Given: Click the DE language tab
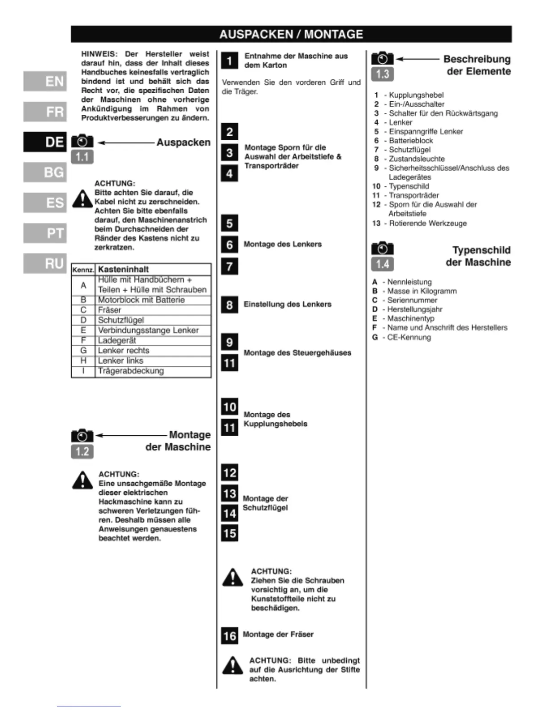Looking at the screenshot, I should (x=45, y=142).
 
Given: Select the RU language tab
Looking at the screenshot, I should (x=45, y=264).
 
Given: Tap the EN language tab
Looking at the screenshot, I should (x=45, y=81).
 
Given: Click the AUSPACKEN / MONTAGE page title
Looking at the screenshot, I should (x=291, y=34).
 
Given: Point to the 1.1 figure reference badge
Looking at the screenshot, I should (x=82, y=157).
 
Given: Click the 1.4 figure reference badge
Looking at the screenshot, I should (x=382, y=264).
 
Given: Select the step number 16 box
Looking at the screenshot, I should (x=230, y=636).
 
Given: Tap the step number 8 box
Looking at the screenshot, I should (x=230, y=305).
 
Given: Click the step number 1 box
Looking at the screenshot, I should (x=230, y=61).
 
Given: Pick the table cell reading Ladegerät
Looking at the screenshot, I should (x=117, y=340).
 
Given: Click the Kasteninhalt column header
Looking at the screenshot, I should (x=123, y=269).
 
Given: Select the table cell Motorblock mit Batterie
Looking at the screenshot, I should (x=141, y=300).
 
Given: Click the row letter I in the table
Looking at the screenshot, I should (x=83, y=371).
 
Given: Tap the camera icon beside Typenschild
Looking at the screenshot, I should (x=382, y=248).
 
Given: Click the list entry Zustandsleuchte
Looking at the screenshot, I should (x=417, y=159).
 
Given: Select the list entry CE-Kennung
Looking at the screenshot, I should (x=409, y=337).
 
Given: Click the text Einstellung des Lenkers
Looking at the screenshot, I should (x=288, y=304).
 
